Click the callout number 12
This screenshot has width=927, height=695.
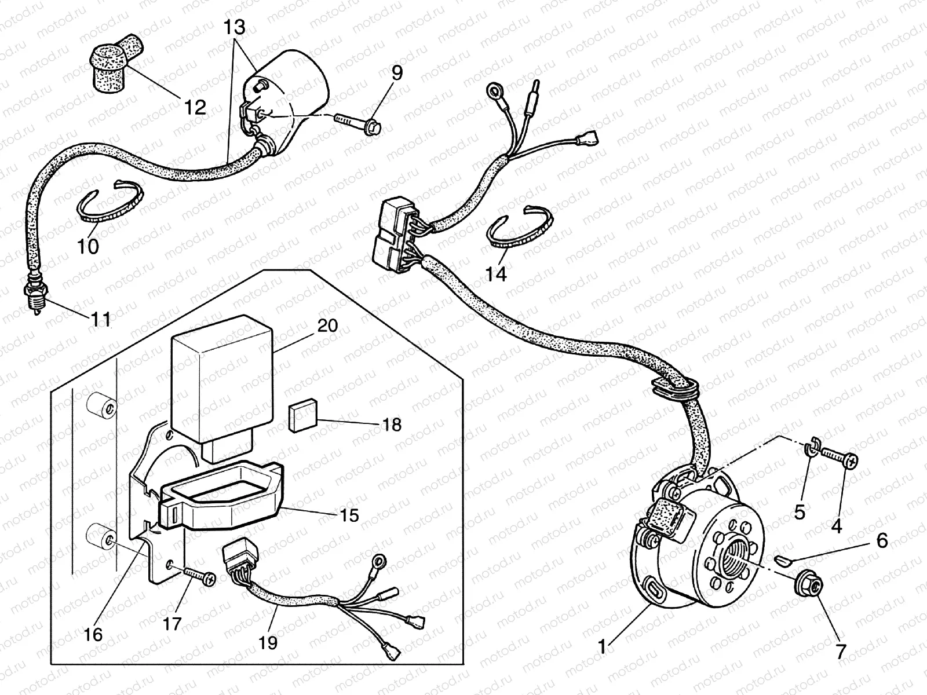(x=196, y=107)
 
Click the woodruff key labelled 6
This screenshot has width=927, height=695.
(x=782, y=559)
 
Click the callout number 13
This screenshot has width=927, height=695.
(x=236, y=27)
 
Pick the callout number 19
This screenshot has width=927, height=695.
(x=268, y=642)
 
